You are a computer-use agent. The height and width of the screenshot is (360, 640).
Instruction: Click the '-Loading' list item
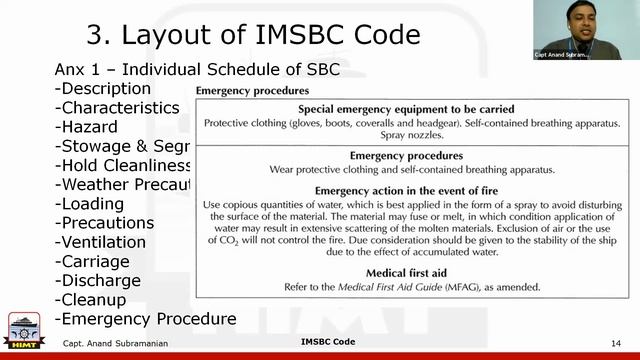coord(91,203)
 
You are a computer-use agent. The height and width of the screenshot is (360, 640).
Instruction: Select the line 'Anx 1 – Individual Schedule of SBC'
coord(197,69)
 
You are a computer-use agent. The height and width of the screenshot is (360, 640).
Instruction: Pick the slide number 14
coord(615,343)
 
